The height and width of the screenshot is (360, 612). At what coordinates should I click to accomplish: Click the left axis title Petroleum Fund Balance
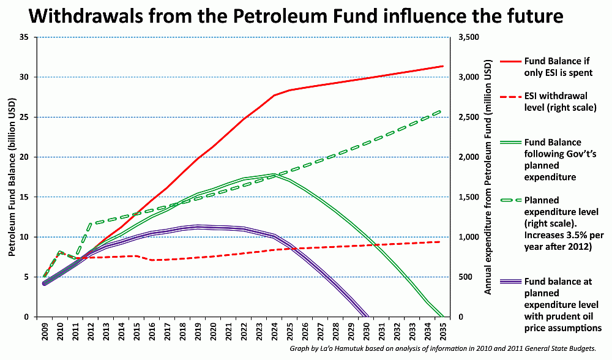pyautogui.click(x=12, y=177)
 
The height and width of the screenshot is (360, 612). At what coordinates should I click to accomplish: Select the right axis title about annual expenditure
pyautogui.click(x=488, y=177)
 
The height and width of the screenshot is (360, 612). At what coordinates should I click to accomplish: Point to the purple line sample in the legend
pyautogui.click(x=510, y=281)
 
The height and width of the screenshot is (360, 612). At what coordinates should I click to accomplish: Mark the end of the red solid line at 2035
pyautogui.click(x=442, y=66)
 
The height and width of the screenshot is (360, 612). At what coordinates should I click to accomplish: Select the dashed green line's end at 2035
pyautogui.click(x=442, y=111)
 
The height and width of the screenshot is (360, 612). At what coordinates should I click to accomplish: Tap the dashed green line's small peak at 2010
pyautogui.click(x=60, y=251)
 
